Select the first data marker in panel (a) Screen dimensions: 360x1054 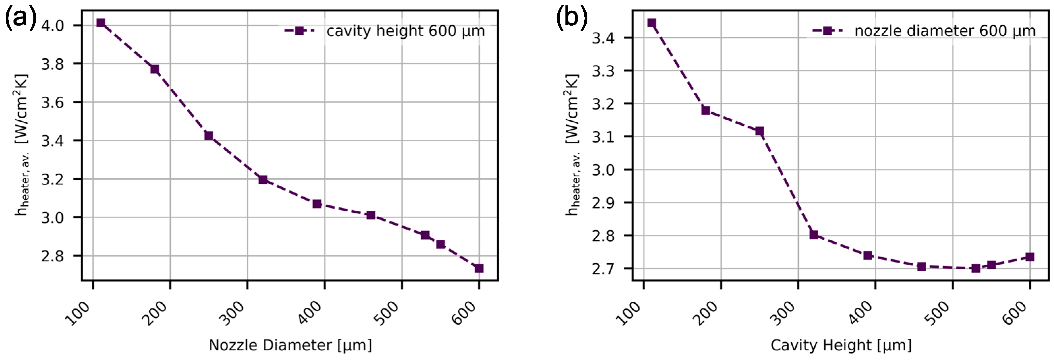click(101, 23)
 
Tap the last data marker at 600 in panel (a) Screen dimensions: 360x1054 click(479, 268)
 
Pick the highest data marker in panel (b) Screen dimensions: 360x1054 click(652, 23)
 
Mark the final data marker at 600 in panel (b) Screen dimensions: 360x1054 click(1030, 257)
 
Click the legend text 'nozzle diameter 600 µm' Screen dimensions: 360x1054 click(945, 31)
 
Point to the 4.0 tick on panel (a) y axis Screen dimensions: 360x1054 click(52, 25)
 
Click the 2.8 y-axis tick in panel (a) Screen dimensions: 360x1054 click(52, 256)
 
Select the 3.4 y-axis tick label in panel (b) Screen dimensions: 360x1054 click(603, 38)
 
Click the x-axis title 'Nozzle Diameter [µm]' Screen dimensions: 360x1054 click(290, 345)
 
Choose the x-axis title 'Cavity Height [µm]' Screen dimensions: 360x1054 click(841, 345)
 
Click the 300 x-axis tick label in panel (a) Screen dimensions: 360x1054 click(233, 313)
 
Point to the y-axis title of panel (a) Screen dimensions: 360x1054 click(21, 145)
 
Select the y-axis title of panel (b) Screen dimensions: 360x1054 click(572, 145)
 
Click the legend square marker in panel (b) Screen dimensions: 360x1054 click(827, 31)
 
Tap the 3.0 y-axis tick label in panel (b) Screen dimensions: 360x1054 click(603, 170)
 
